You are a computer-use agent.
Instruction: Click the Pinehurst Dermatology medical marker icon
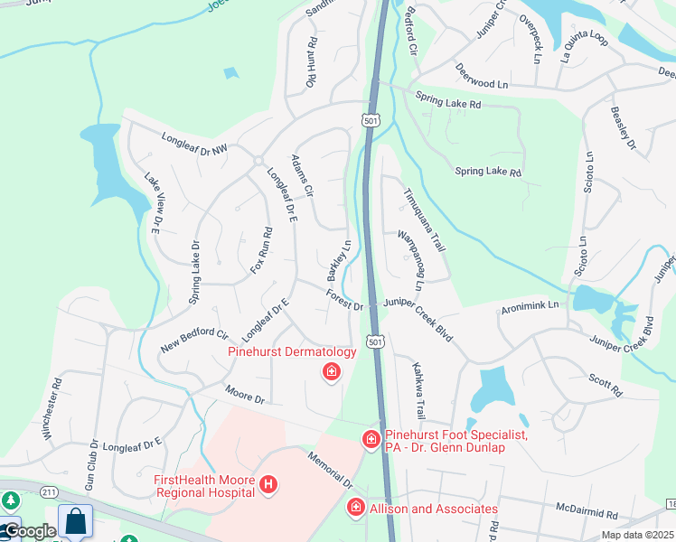(332, 371)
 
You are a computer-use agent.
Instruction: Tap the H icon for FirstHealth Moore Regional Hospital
(268, 486)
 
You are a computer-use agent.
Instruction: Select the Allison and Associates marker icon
(356, 509)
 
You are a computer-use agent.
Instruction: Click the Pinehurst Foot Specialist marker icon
(371, 440)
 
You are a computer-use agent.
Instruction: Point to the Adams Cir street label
(302, 176)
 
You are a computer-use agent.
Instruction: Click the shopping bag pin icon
(76, 522)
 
